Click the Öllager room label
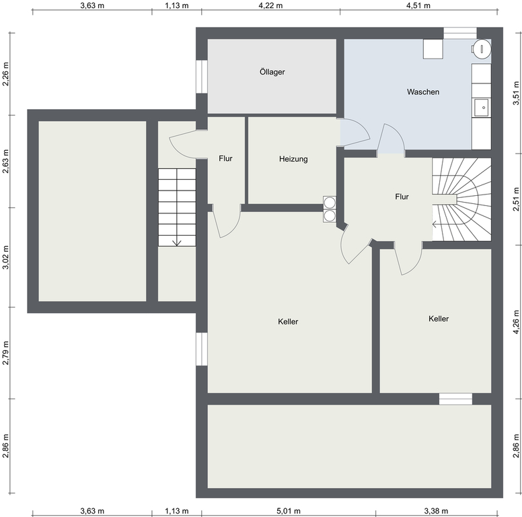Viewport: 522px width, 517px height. (272, 71)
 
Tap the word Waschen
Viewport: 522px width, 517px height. (423, 92)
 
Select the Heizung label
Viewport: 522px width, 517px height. (293, 159)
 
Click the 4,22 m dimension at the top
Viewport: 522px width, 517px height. (270, 5)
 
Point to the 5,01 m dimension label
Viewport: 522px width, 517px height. (289, 511)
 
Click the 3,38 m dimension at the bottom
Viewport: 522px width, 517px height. (436, 511)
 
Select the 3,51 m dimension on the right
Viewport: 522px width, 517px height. (516, 93)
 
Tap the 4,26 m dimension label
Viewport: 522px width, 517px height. (516, 322)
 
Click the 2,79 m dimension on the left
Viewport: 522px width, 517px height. (5, 353)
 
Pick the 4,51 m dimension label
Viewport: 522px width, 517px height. (418, 5)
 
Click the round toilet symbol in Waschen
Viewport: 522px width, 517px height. (482, 49)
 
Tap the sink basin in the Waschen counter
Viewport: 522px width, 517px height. (482, 108)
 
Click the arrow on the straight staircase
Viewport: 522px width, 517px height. (177, 242)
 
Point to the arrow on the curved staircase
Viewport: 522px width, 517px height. (435, 224)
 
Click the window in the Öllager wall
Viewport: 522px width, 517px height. (202, 77)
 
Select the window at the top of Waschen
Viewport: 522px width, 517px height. (460, 33)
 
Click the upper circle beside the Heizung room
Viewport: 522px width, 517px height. (330, 203)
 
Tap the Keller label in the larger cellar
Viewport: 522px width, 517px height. (288, 322)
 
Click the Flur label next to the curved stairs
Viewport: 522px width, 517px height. (402, 197)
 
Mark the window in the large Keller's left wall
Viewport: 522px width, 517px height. (202, 349)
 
